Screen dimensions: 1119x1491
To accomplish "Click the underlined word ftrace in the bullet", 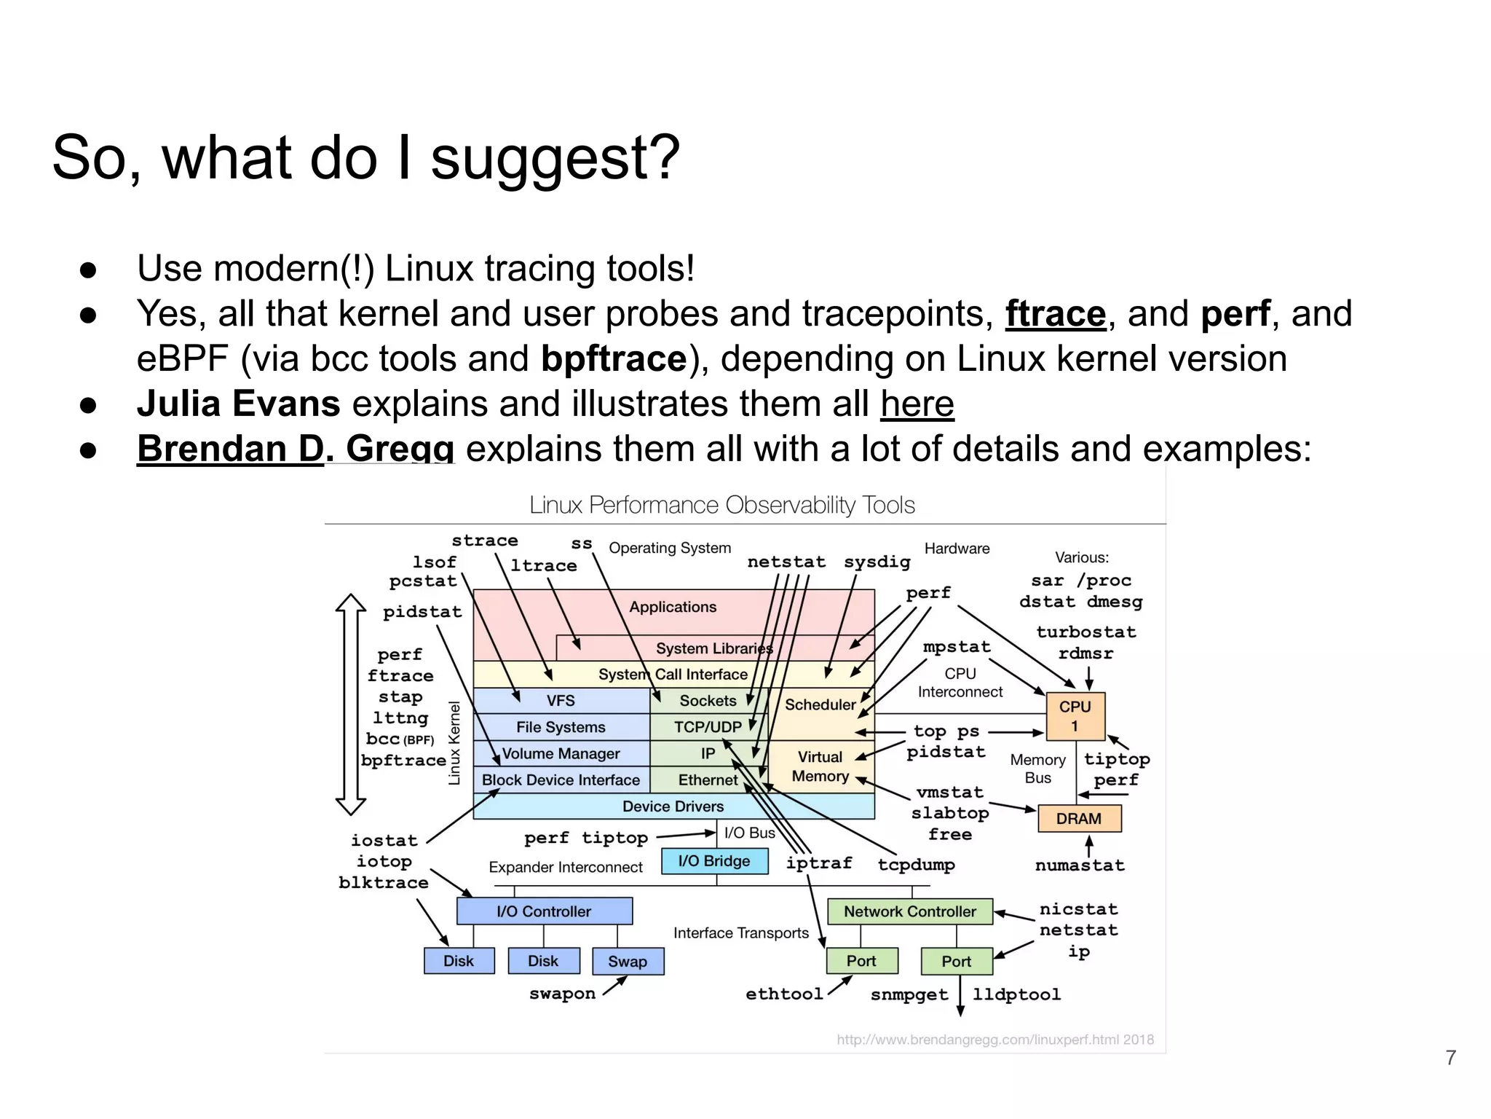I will (1055, 314).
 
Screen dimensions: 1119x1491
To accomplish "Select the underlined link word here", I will (917, 404).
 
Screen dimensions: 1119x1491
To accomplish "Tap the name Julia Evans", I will (238, 404).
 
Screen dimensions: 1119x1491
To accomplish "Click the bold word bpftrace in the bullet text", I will (614, 358).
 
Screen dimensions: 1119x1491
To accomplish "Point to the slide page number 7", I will (1450, 1057).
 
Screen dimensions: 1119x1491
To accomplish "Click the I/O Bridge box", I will (714, 861).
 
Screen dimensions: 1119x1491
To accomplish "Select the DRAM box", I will (1078, 819).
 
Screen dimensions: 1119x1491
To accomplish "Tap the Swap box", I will (628, 962).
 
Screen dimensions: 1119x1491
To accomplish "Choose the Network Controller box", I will (909, 911).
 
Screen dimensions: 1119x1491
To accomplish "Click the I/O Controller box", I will (544, 911).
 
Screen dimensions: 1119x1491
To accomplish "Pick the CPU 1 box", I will (1075, 716).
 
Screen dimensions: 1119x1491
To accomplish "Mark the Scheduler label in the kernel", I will (820, 704).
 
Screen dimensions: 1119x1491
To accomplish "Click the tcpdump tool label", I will (916, 865).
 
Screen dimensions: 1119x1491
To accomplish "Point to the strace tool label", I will (485, 541).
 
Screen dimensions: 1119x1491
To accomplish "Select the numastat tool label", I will (1080, 865).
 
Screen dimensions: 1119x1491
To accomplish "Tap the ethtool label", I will (784, 994).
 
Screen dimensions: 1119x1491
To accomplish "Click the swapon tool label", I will (562, 994).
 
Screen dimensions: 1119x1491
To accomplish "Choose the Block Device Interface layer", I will (561, 780).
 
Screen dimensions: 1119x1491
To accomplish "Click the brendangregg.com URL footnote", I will (994, 1040).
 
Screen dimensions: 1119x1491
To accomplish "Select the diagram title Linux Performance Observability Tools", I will (721, 505).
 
